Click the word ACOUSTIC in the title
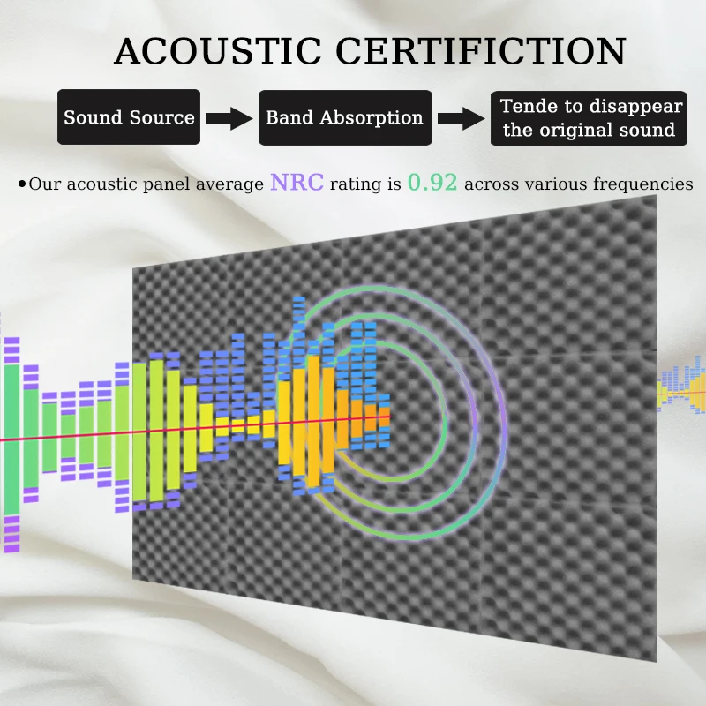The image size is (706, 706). tap(218, 51)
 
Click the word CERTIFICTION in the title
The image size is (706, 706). tap(481, 51)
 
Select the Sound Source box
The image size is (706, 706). tap(129, 117)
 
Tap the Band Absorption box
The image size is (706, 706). tap(345, 117)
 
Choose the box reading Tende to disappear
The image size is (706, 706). tap(589, 118)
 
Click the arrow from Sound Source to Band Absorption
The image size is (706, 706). tap(229, 118)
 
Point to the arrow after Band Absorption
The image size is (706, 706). tap(462, 118)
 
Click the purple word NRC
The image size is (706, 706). tap(297, 183)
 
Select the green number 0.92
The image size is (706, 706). tap(432, 183)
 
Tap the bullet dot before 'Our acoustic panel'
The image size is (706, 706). tap(22, 184)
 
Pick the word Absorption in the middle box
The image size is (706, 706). tap(372, 118)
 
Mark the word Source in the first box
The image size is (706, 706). tap(161, 117)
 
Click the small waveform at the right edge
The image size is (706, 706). tap(681, 385)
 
